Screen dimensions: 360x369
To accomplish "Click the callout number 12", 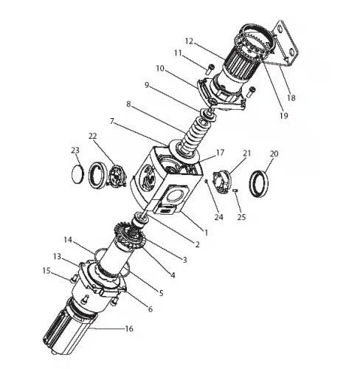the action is (x=189, y=41).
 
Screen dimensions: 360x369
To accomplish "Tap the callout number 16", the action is (x=129, y=328).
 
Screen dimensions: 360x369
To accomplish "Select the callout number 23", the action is (x=75, y=150).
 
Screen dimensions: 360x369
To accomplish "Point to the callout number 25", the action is (x=241, y=217).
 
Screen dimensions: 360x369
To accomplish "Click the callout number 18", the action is (x=291, y=97).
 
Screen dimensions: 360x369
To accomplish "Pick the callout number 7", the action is (x=112, y=121).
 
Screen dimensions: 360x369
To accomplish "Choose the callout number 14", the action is (x=68, y=239).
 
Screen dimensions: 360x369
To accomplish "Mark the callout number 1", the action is (x=206, y=232).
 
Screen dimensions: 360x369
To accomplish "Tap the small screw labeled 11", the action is (x=210, y=69).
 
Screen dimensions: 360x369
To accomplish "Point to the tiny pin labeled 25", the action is (x=235, y=190).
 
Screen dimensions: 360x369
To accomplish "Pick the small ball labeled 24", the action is (x=207, y=182).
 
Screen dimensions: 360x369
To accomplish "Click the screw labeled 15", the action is (x=73, y=278).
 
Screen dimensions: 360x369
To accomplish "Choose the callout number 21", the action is (x=246, y=154).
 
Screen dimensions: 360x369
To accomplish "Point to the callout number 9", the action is (x=147, y=85).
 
